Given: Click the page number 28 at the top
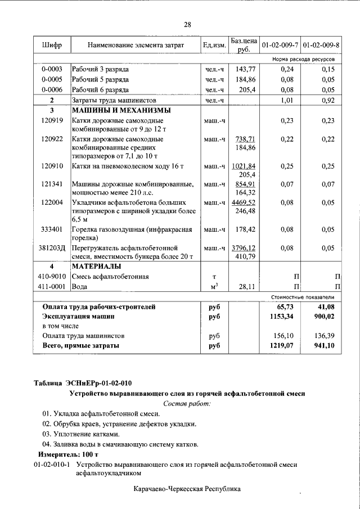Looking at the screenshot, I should pos(187,24).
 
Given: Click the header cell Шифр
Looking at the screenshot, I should pos(52,44).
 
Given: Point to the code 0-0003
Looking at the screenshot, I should pos(52,69).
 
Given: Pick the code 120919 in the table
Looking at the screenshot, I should pos(52,121).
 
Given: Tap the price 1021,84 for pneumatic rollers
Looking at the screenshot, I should pos(244,166).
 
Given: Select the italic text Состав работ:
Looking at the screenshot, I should pos(187,403).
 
